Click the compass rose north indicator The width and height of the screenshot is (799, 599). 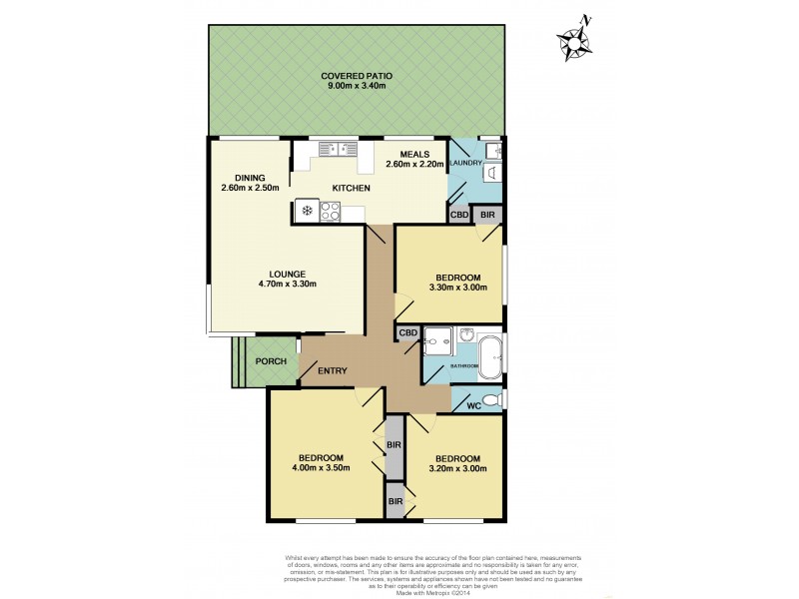point(576,39)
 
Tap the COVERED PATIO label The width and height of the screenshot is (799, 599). point(357,76)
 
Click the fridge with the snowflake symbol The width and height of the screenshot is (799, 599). point(307,211)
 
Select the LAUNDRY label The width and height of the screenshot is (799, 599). point(465,163)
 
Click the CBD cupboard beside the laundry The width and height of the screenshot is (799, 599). point(459,215)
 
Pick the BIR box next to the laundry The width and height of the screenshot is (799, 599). point(487,215)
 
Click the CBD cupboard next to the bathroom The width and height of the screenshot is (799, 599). point(408,333)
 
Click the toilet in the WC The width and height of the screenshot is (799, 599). point(496,400)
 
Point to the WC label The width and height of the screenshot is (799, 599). point(474,405)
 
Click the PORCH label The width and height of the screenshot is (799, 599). point(272,361)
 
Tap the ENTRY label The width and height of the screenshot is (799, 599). point(333,371)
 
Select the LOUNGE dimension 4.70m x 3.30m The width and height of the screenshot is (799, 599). point(286,285)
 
